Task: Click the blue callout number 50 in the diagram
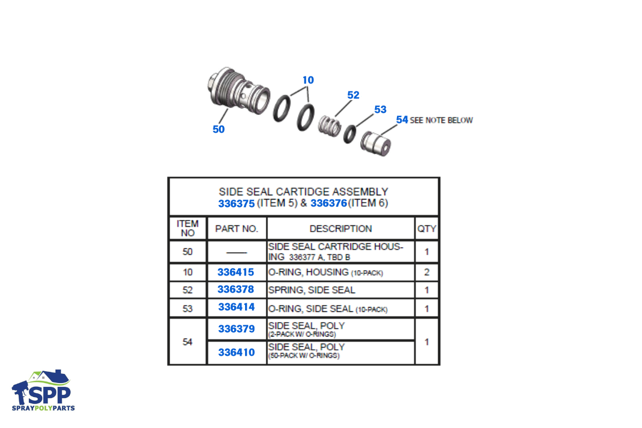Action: pyautogui.click(x=219, y=129)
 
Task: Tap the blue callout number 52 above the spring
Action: pyautogui.click(x=353, y=95)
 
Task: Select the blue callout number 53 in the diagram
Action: pyautogui.click(x=380, y=110)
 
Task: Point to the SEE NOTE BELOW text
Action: pyautogui.click(x=441, y=120)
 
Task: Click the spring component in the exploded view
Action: pyautogui.click(x=330, y=126)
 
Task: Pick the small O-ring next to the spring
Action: pyautogui.click(x=350, y=134)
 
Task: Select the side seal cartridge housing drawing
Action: pyautogui.click(x=239, y=90)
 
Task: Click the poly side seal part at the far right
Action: pyautogui.click(x=376, y=143)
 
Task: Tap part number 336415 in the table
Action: pyautogui.click(x=235, y=272)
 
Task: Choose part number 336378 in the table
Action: pyautogui.click(x=235, y=289)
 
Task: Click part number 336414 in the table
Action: pyautogui.click(x=236, y=307)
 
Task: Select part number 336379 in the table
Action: pyautogui.click(x=236, y=329)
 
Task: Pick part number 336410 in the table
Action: pyautogui.click(x=236, y=353)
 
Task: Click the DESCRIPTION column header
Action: pyautogui.click(x=341, y=229)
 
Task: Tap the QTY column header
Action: pyautogui.click(x=427, y=229)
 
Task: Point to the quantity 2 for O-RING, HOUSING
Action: pyautogui.click(x=427, y=272)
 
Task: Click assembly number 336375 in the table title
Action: pyautogui.click(x=236, y=203)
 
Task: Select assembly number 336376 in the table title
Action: pyautogui.click(x=328, y=203)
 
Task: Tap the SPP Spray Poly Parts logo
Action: pyautogui.click(x=43, y=391)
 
